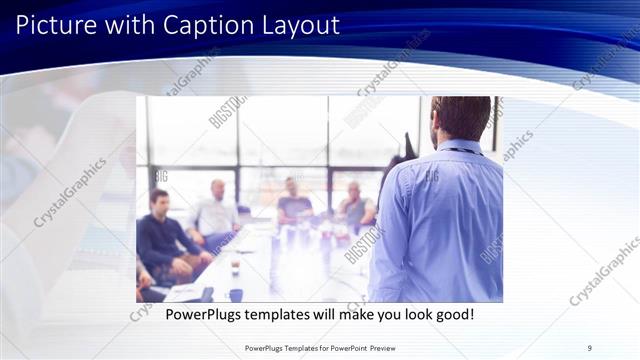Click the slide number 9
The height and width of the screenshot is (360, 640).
click(590, 347)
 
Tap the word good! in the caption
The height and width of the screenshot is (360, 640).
click(452, 315)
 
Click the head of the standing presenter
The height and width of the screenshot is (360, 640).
click(461, 118)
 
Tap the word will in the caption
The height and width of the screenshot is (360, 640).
click(328, 315)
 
